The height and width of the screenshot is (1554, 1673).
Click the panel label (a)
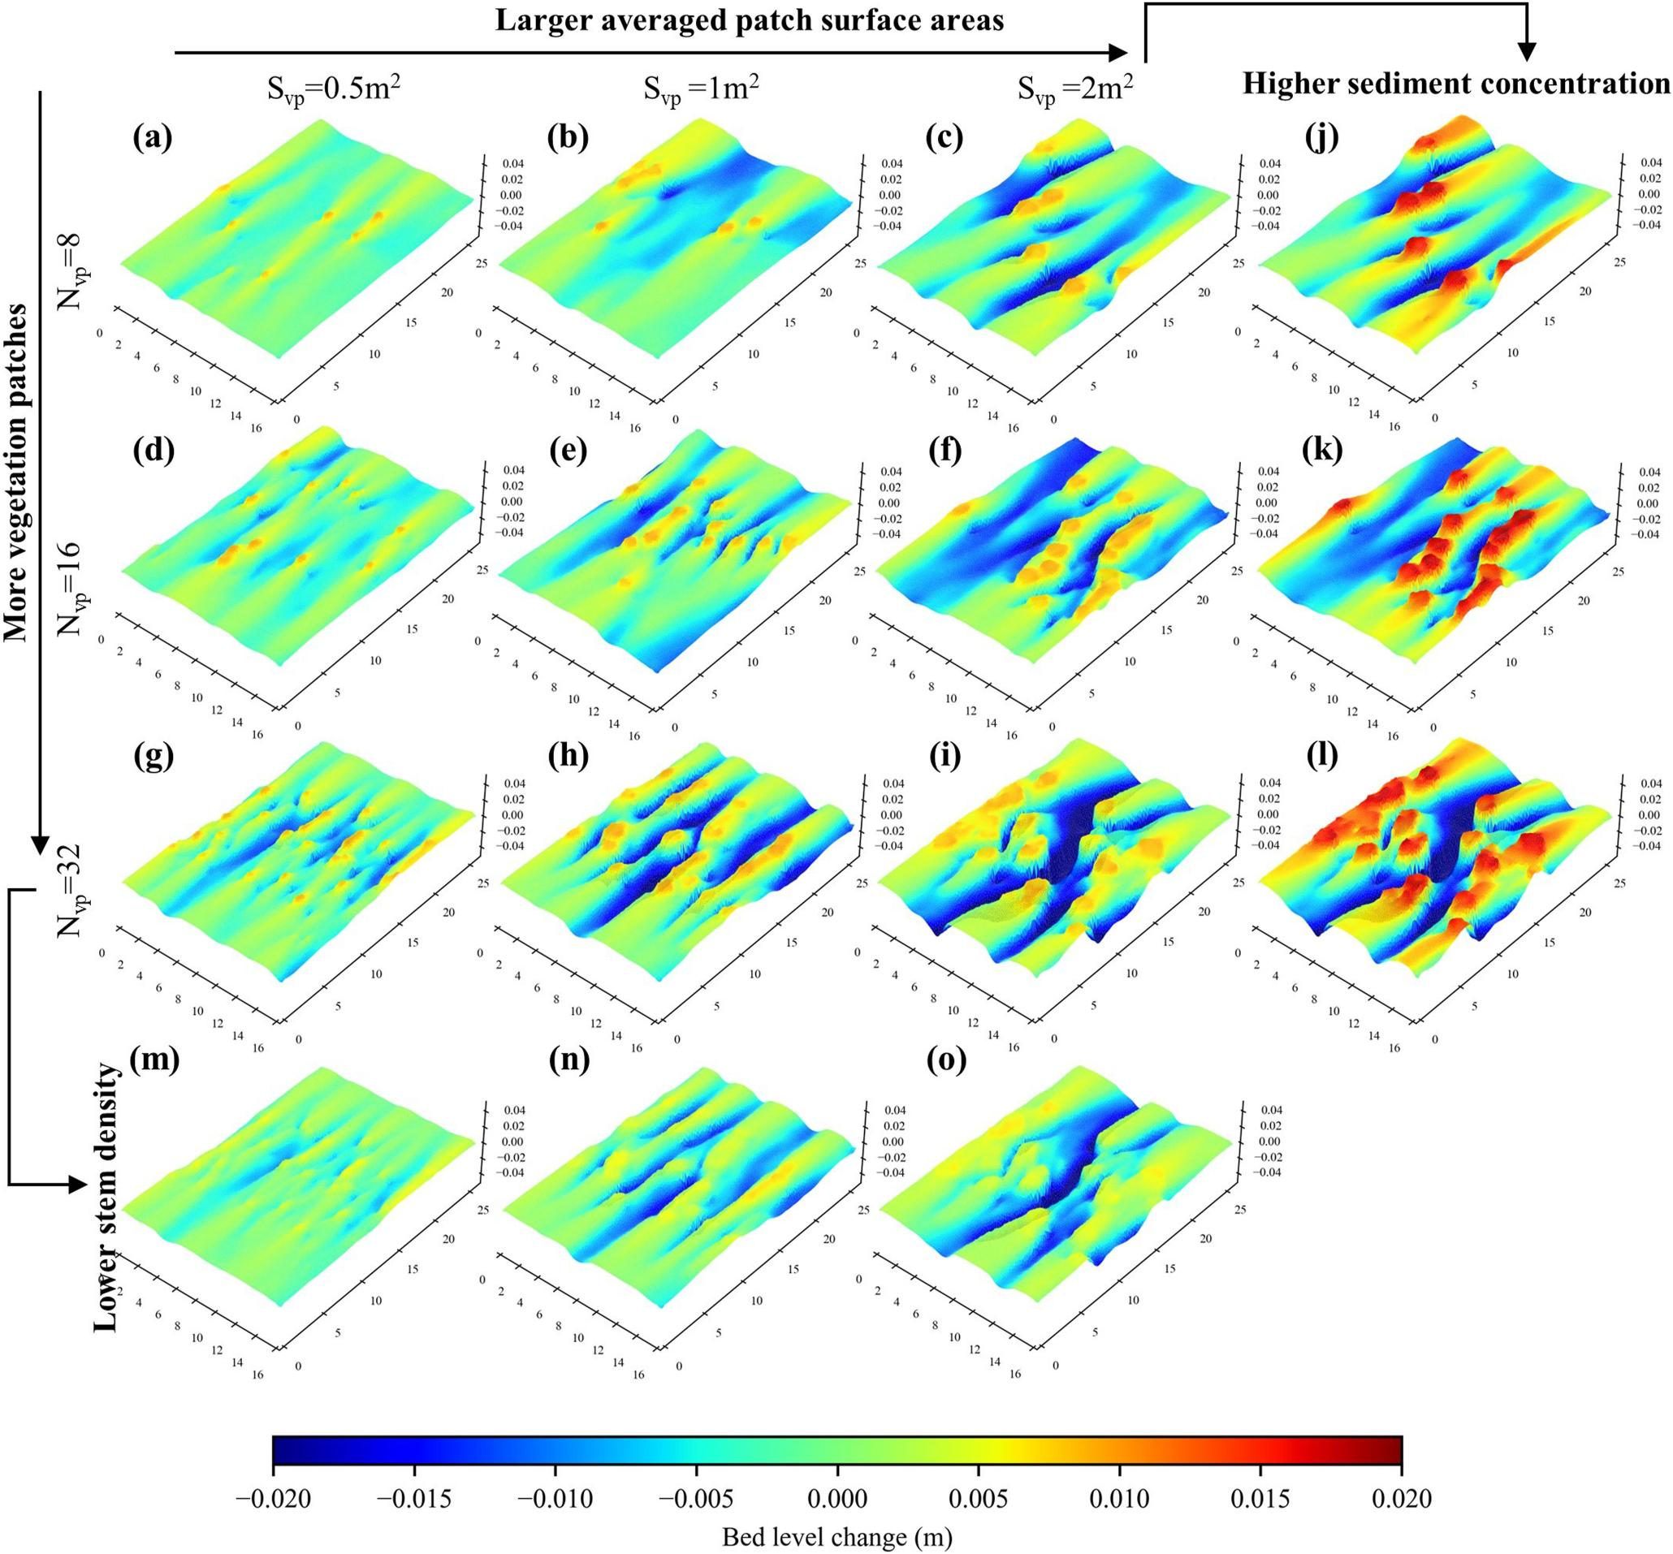click(152, 139)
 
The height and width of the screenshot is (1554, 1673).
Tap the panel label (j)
click(1322, 139)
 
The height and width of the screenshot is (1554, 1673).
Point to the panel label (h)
click(568, 757)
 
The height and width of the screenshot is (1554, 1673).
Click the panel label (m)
click(157, 1062)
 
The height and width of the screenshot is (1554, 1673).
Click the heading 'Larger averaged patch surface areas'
click(749, 20)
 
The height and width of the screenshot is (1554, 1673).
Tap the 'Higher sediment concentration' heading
click(1456, 84)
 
